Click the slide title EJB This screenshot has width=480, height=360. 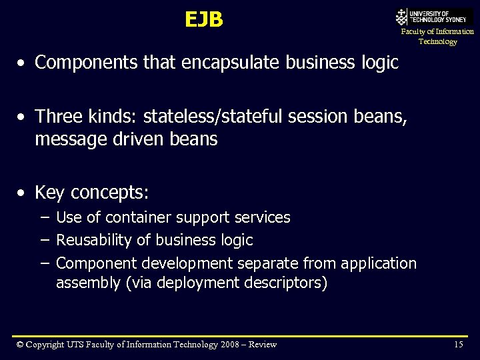(204, 20)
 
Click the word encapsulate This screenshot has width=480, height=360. (228, 63)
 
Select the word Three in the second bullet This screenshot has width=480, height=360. (58, 117)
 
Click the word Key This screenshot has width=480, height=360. (49, 193)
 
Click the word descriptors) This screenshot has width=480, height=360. (287, 283)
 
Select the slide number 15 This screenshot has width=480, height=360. (458, 345)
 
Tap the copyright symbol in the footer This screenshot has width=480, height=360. (21, 345)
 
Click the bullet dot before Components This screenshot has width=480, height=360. (23, 63)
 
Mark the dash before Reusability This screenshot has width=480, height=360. (44, 240)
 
